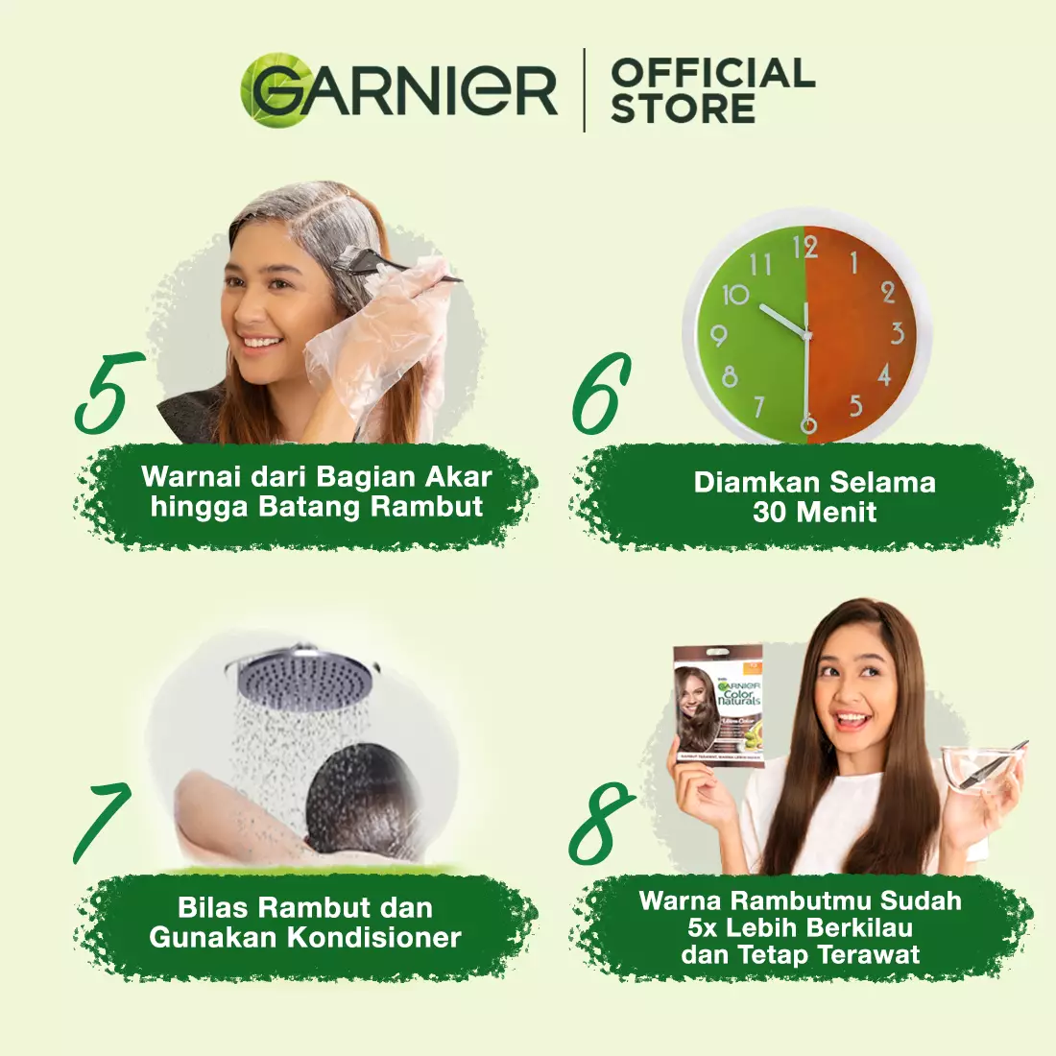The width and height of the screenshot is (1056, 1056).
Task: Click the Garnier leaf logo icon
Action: [269, 89]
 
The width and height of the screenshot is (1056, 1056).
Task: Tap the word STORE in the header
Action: [683, 108]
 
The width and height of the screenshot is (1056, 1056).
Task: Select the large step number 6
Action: [601, 394]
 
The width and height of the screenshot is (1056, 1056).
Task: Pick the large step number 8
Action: [602, 824]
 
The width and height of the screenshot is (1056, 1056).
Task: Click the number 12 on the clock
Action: [804, 248]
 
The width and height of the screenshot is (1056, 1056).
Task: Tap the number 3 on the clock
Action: [897, 333]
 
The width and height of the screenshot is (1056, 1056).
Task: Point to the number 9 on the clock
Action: [718, 335]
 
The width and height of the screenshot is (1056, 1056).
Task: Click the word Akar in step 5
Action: [458, 477]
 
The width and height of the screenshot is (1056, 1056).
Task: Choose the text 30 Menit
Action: [814, 512]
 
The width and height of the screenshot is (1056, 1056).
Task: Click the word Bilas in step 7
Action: [213, 907]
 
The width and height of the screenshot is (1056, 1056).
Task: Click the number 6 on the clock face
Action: [808, 423]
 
